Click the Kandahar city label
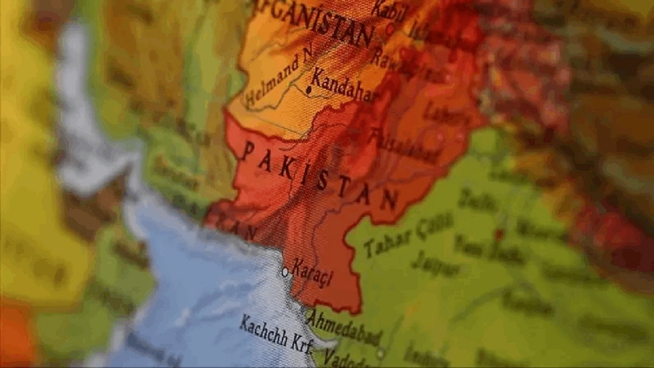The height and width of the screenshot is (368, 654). click(x=344, y=86)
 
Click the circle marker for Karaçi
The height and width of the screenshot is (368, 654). click(x=285, y=271)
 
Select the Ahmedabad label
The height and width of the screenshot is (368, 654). click(x=344, y=327)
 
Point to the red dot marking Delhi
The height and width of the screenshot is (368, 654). click(x=499, y=234)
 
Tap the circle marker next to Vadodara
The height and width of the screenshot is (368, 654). click(x=380, y=353)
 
